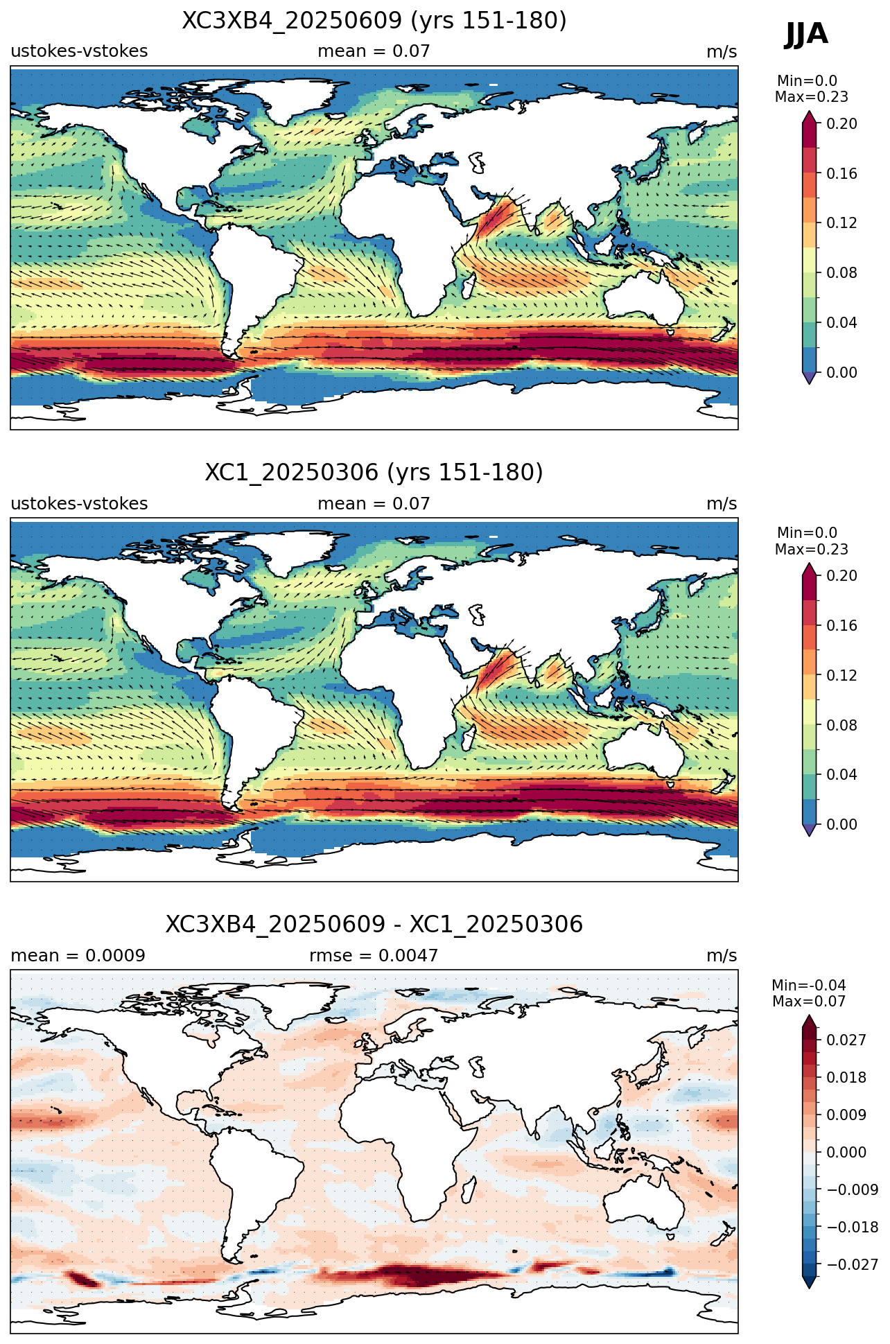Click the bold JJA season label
pyautogui.click(x=806, y=34)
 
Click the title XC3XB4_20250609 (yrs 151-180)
pyautogui.click(x=374, y=21)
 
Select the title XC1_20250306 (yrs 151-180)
pyautogui.click(x=374, y=473)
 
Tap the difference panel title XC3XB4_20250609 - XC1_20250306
pyautogui.click(x=374, y=925)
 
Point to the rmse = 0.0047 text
pyautogui.click(x=374, y=956)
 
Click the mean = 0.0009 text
pyautogui.click(x=78, y=956)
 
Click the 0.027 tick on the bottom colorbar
pyautogui.click(x=846, y=1040)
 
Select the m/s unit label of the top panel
pyautogui.click(x=722, y=52)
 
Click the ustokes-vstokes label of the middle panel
pyautogui.click(x=79, y=504)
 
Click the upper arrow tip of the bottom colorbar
pyautogui.click(x=809, y=1015)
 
